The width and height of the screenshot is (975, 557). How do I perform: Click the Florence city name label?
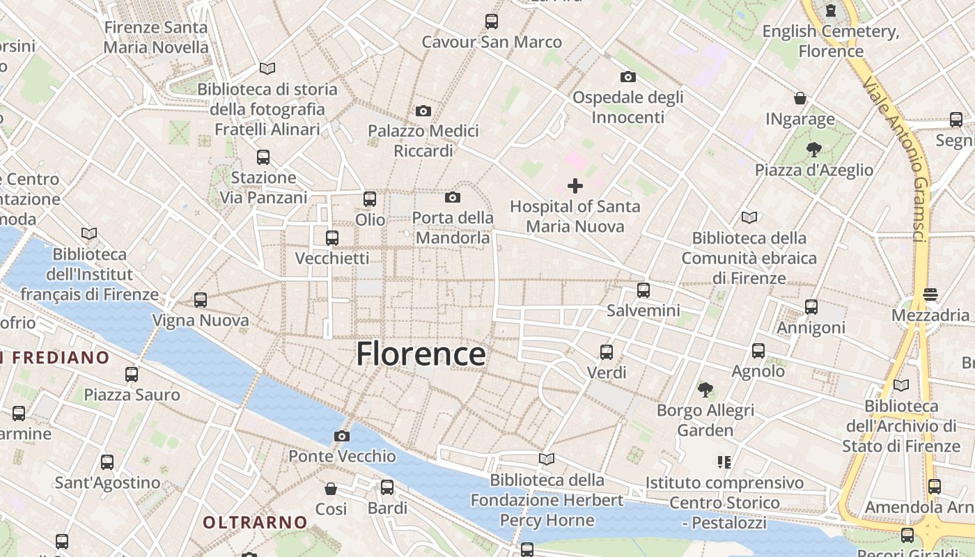(421, 354)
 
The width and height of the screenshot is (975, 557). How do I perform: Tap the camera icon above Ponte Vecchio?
(341, 437)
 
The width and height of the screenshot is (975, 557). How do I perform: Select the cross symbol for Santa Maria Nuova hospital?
(575, 186)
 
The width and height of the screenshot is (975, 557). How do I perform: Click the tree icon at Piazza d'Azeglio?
(813, 149)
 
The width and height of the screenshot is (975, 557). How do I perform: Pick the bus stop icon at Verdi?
(607, 352)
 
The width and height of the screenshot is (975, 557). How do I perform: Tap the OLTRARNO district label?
(255, 521)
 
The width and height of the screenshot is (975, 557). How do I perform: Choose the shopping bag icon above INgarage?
(800, 99)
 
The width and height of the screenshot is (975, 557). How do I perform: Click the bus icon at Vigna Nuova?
(201, 300)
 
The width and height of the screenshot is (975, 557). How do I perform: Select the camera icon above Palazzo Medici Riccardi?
(423, 111)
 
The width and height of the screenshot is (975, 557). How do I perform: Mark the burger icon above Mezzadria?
(930, 295)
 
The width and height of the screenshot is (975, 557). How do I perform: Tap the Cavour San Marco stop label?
(492, 42)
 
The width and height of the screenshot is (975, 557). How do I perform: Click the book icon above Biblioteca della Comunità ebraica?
(749, 218)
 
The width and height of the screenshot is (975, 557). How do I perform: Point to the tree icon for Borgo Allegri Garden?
(705, 389)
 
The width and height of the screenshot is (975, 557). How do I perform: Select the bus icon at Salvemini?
(643, 290)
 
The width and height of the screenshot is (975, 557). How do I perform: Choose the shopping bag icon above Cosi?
(331, 489)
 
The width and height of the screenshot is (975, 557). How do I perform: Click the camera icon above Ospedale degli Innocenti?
(627, 77)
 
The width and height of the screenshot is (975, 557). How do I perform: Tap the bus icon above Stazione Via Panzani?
(263, 157)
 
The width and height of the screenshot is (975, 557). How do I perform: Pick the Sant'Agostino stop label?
(107, 483)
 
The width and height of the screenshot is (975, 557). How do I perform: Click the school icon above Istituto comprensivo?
(724, 462)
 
